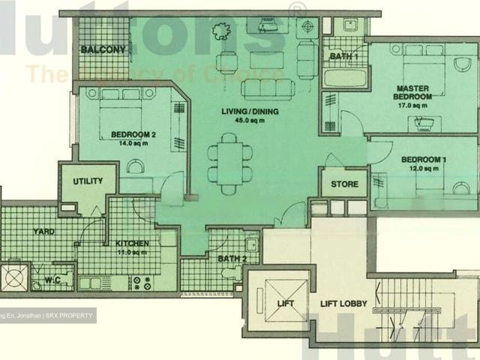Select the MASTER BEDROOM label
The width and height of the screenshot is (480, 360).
pyautogui.click(x=414, y=92)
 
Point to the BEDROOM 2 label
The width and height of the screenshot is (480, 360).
pyautogui.click(x=133, y=135)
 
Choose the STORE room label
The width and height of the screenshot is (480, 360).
pyautogui.click(x=344, y=184)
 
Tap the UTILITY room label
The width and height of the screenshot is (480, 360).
pyautogui.click(x=88, y=181)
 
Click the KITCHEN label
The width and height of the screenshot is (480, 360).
pyautogui.click(x=131, y=244)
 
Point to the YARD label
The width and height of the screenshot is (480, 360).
pyautogui.click(x=43, y=232)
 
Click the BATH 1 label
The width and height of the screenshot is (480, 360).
pyautogui.click(x=344, y=56)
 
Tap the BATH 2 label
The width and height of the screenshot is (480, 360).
pyautogui.click(x=232, y=259)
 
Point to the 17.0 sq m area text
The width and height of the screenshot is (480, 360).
pyautogui.click(x=414, y=106)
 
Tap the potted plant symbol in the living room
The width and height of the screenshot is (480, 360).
pyautogui.click(x=220, y=31)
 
